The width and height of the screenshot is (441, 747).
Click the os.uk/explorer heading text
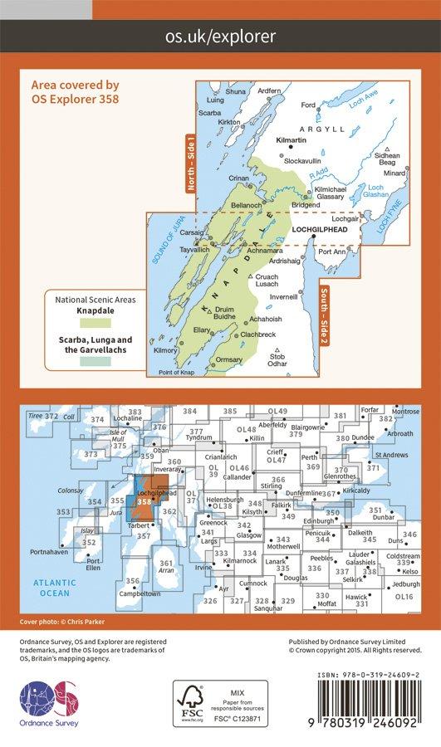(x=220, y=37)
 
